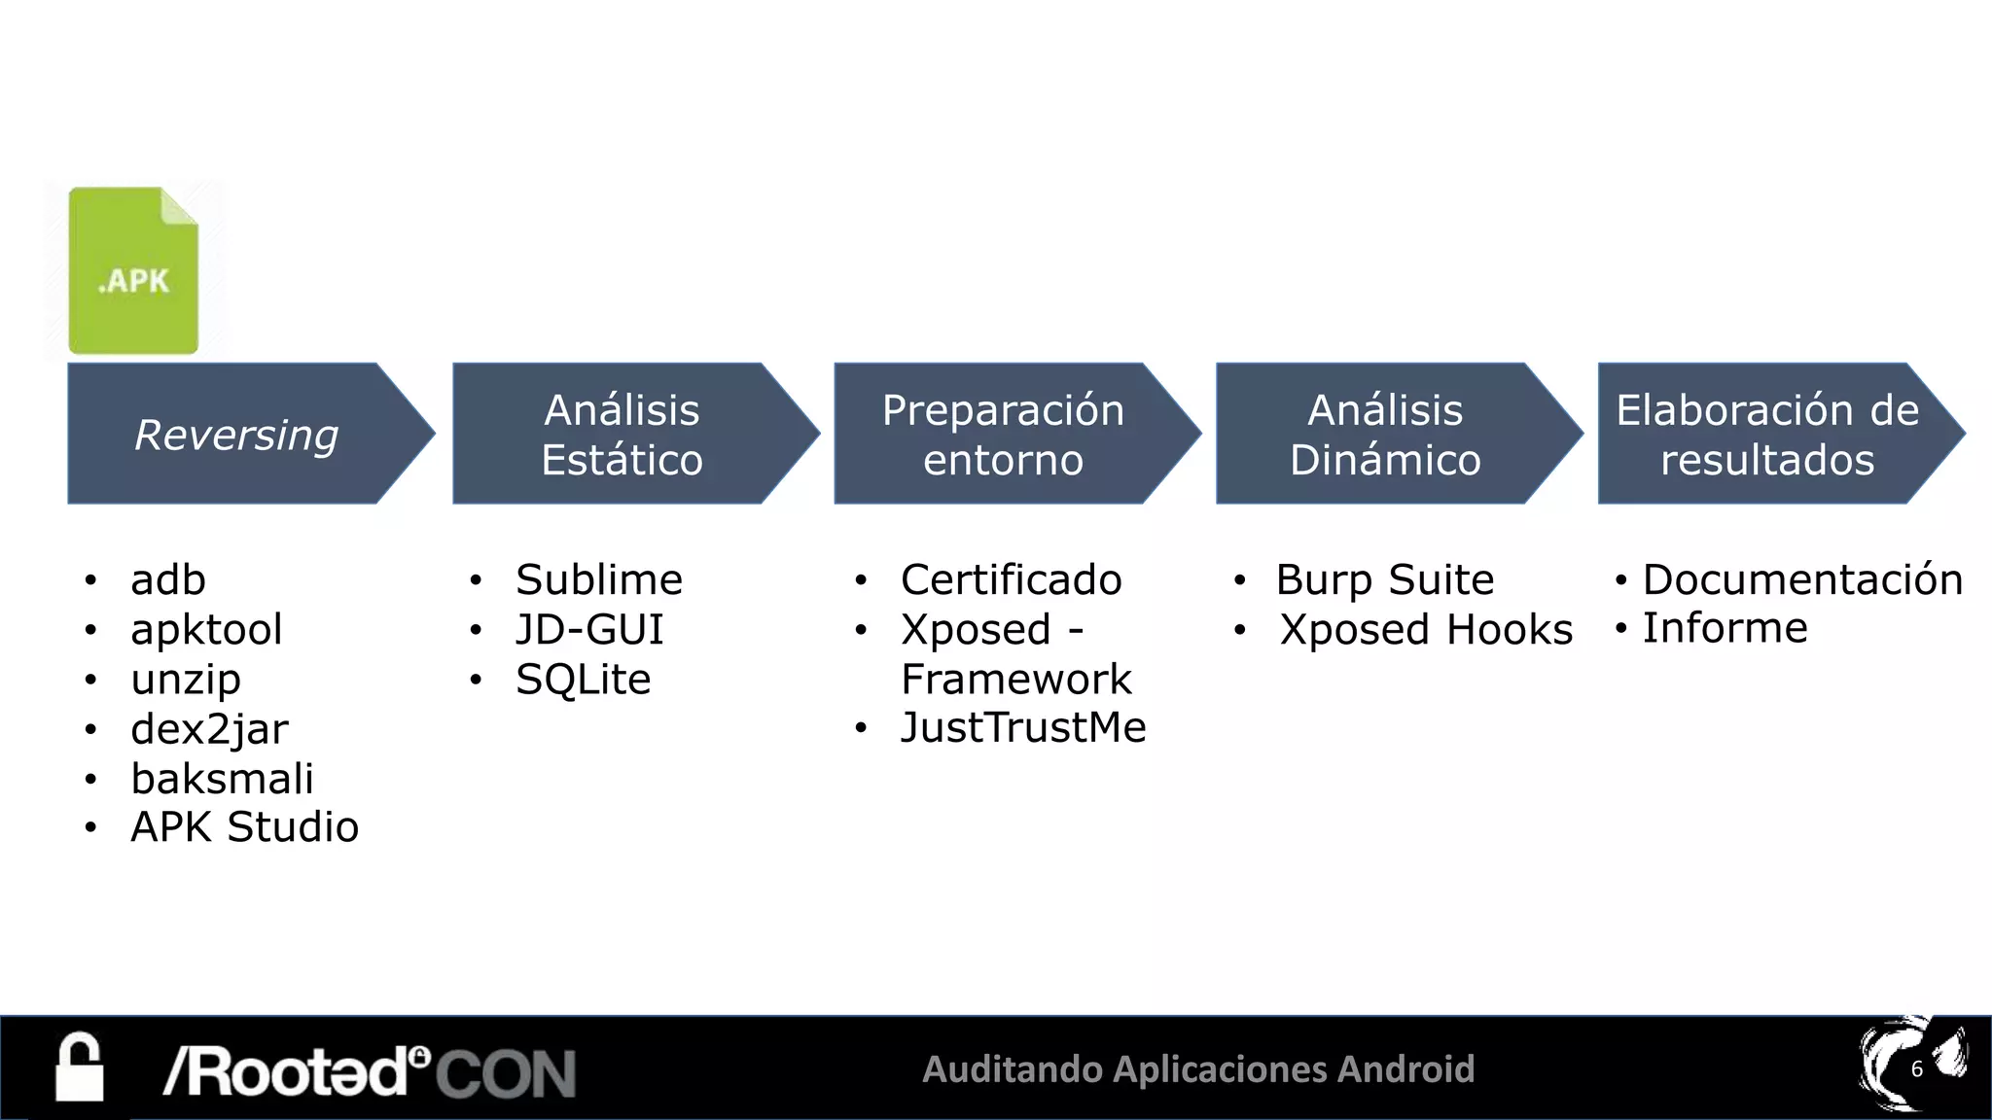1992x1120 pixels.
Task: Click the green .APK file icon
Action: [133, 270]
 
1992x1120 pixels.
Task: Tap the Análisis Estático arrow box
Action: [622, 434]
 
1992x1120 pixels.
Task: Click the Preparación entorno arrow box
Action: [1004, 434]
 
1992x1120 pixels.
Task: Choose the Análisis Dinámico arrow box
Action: [1385, 434]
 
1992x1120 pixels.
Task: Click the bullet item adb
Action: [168, 580]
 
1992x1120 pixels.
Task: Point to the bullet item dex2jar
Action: [209, 729]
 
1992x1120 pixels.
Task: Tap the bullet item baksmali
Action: [222, 779]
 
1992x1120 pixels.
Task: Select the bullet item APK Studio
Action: [244, 827]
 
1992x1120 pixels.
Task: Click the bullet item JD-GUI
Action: [589, 630]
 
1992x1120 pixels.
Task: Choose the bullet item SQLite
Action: [583, 680]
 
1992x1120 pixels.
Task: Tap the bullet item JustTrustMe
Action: [1023, 728]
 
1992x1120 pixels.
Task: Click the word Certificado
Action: [1011, 580]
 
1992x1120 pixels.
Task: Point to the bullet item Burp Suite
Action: [1384, 580]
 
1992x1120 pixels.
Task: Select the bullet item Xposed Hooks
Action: [1426, 630]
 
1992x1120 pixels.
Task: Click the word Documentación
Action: [1802, 580]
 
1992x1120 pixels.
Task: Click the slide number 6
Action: [1916, 1069]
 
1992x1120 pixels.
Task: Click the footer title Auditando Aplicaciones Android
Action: [1198, 1069]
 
